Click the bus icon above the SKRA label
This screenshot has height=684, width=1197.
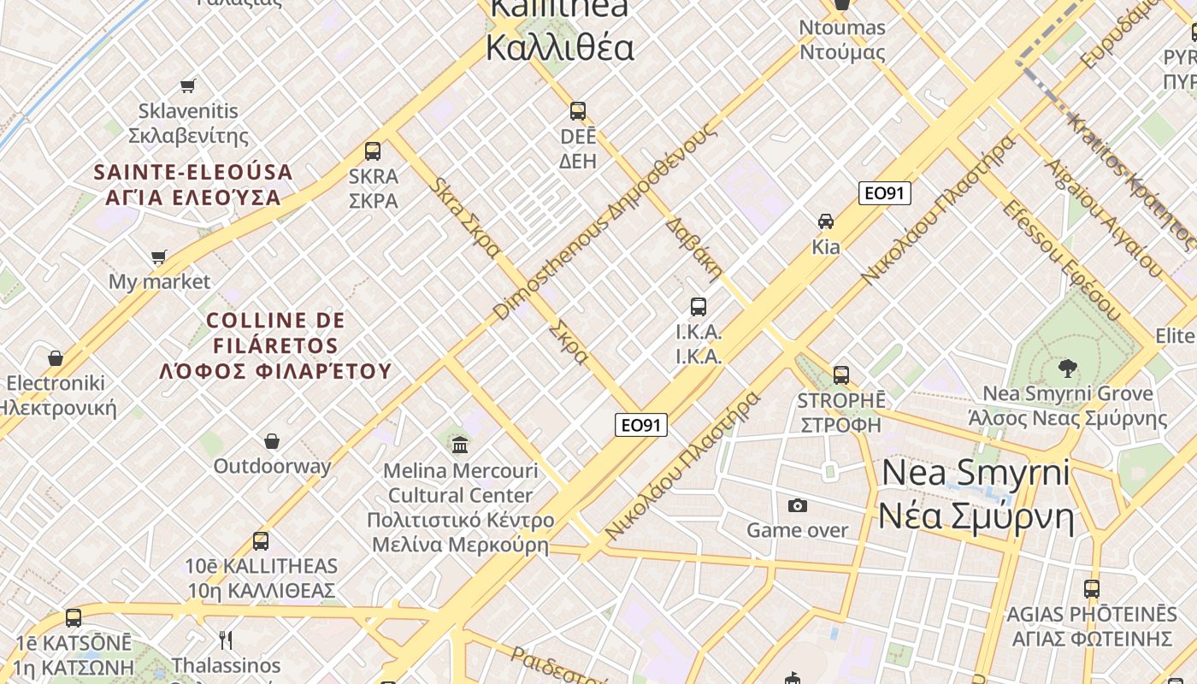coord(373,151)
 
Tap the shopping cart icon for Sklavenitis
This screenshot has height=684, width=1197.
coord(188,85)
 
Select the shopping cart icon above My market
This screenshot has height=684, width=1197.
coord(158,256)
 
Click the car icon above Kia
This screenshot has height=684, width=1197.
coord(826,221)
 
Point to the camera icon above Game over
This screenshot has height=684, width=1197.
coord(798,505)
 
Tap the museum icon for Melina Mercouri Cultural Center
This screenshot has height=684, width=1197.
coord(461,445)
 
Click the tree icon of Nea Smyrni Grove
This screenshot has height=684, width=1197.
coord(1067,369)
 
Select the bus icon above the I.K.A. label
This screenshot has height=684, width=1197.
coord(699,306)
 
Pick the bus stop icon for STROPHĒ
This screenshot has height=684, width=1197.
coord(841,374)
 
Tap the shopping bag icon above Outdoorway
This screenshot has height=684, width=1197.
coord(272,441)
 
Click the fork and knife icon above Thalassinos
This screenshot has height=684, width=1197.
coord(226,640)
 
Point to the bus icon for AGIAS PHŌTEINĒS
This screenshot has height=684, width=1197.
coord(1092,588)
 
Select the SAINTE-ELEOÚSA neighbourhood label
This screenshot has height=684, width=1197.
coord(193,185)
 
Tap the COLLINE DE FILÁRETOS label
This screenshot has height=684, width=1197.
coord(275,345)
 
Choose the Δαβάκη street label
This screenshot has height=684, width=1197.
coord(693,249)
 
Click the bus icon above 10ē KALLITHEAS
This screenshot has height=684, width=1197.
coord(261,540)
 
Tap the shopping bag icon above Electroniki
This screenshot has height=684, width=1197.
coord(56,357)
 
